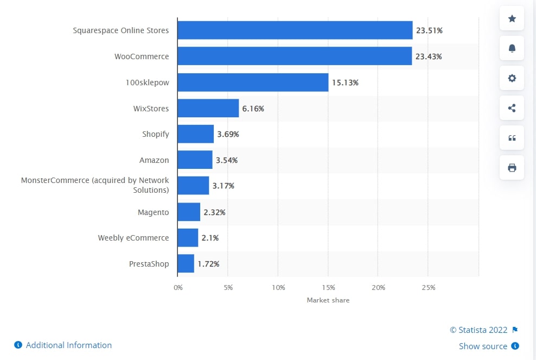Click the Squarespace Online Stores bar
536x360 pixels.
click(295, 30)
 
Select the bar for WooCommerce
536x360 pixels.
click(294, 56)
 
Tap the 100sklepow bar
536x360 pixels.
click(252, 83)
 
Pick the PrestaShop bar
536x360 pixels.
click(186, 264)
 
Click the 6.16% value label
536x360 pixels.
click(253, 109)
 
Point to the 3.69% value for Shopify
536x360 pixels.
click(228, 134)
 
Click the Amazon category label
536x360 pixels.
click(154, 160)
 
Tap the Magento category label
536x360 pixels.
click(153, 212)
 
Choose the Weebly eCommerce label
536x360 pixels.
click(133, 238)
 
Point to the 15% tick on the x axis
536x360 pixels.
click(328, 287)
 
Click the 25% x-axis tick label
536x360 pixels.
click(428, 287)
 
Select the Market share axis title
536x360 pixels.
click(328, 300)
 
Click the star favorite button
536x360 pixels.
click(512, 18)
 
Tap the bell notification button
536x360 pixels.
click(512, 48)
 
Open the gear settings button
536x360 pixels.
click(512, 78)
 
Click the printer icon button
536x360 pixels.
click(512, 168)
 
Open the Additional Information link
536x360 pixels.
click(68, 345)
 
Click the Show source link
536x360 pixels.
click(483, 346)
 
